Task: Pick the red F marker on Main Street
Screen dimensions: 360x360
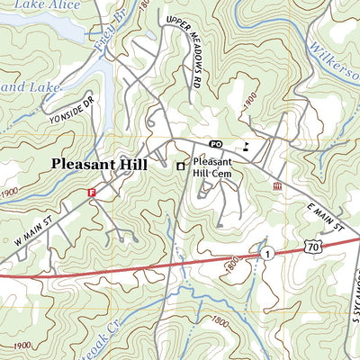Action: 91,193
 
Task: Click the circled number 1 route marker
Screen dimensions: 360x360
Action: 267,255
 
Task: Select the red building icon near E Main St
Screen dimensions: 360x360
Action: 277,184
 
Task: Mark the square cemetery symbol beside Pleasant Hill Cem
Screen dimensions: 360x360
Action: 180,166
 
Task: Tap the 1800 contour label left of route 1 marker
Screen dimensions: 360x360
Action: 237,265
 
